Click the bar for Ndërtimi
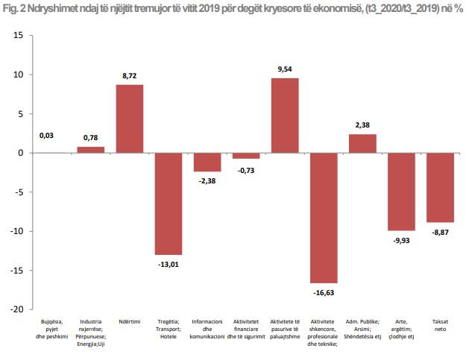click(x=130, y=119)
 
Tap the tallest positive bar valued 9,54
click(x=285, y=116)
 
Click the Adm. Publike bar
click(x=362, y=143)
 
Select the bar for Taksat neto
click(x=440, y=187)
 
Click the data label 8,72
click(x=130, y=77)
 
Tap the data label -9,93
click(x=401, y=240)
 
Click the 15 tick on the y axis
click(x=18, y=36)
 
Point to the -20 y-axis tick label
click(x=16, y=309)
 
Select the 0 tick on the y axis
click(x=21, y=153)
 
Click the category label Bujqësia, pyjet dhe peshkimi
click(x=52, y=329)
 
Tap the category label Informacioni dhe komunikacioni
click(x=207, y=329)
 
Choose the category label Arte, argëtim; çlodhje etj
click(x=401, y=329)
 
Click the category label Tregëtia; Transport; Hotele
click(x=169, y=329)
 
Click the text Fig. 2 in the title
click(x=17, y=9)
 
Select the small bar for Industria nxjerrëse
click(x=91, y=150)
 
